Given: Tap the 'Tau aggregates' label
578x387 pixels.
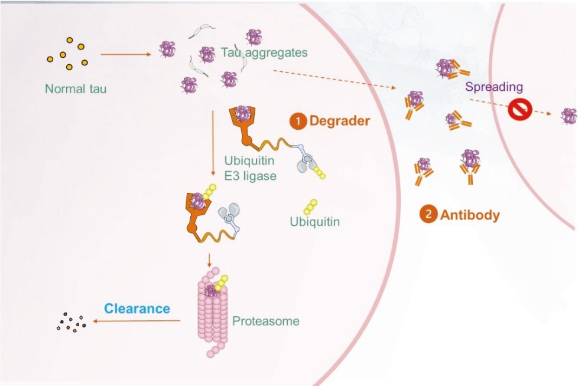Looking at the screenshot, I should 265,53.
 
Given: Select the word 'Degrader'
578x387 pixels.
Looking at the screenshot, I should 339,121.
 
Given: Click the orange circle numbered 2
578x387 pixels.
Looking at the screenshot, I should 428,214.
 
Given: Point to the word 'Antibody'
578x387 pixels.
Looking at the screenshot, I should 470,215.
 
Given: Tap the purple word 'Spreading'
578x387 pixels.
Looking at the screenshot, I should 494,87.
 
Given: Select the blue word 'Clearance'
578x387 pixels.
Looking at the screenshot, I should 137,308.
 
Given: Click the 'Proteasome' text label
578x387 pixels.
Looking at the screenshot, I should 265,322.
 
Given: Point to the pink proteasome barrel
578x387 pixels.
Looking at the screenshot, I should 212,313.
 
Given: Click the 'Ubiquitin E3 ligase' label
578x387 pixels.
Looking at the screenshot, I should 251,168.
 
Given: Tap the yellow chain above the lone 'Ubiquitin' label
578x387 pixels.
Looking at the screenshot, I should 310,206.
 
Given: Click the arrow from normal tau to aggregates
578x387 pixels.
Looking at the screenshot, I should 126,55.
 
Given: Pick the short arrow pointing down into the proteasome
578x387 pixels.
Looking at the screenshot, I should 209,260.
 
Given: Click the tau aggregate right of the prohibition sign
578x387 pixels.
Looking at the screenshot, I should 569,115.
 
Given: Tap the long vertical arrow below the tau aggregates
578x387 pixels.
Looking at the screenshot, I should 212,145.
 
